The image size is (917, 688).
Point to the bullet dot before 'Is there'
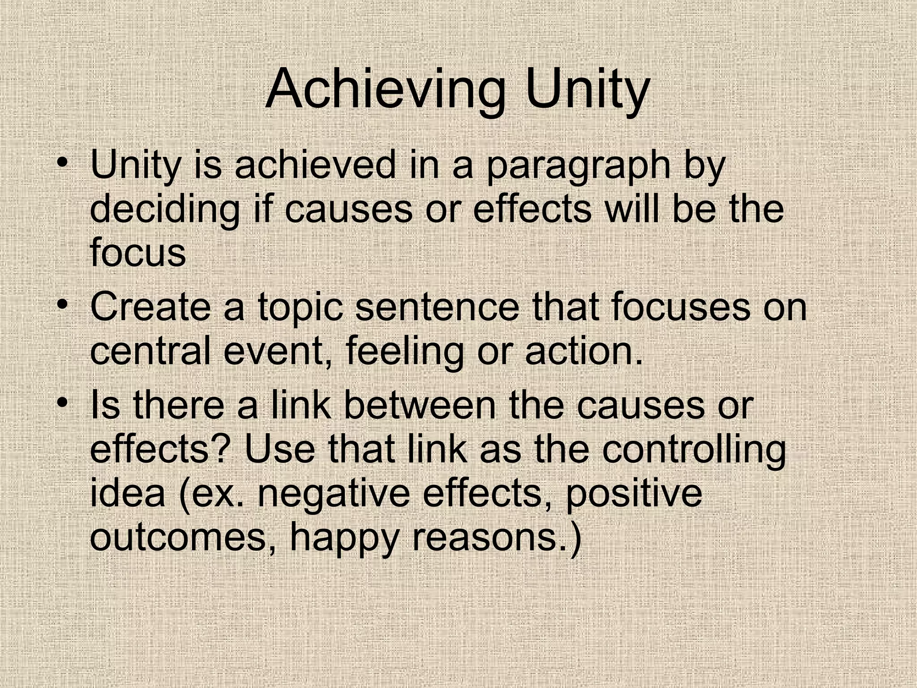pyautogui.click(x=62, y=400)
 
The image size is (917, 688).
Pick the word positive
pyautogui.click(x=634, y=494)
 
